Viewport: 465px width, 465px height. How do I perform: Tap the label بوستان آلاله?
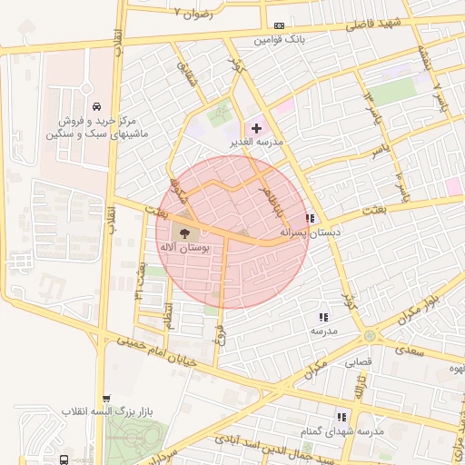click(184, 247)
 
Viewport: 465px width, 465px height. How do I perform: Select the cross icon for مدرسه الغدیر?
click(255, 128)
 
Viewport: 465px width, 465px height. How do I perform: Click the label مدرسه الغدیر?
click(259, 143)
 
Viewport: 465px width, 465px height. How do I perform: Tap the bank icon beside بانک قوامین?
click(279, 25)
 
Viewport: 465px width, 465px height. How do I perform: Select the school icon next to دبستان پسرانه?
click(311, 218)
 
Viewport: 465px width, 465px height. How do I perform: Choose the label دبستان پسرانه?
click(312, 233)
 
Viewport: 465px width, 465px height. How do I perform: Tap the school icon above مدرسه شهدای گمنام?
click(342, 416)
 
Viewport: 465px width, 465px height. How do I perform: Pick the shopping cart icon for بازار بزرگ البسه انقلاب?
click(107, 398)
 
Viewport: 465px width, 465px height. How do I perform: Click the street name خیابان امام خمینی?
click(160, 357)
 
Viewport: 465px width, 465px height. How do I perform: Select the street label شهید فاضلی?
click(370, 25)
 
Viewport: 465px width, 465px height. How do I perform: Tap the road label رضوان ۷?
click(198, 14)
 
